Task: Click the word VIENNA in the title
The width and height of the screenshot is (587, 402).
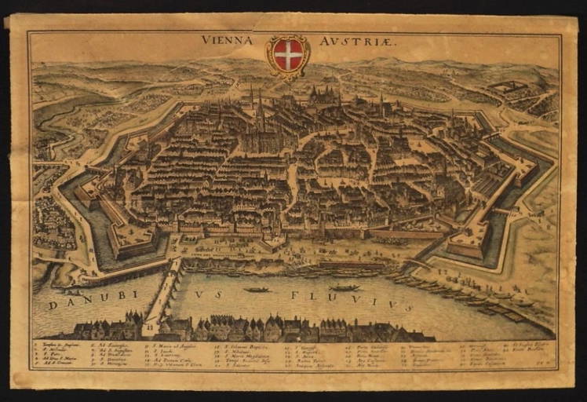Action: pyautogui.click(x=227, y=40)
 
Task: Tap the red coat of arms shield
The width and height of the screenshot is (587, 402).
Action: pyautogui.click(x=288, y=54)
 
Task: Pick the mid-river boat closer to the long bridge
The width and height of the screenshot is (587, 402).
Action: pyautogui.click(x=257, y=289)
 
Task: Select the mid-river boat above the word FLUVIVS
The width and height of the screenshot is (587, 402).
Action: pyautogui.click(x=345, y=288)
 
